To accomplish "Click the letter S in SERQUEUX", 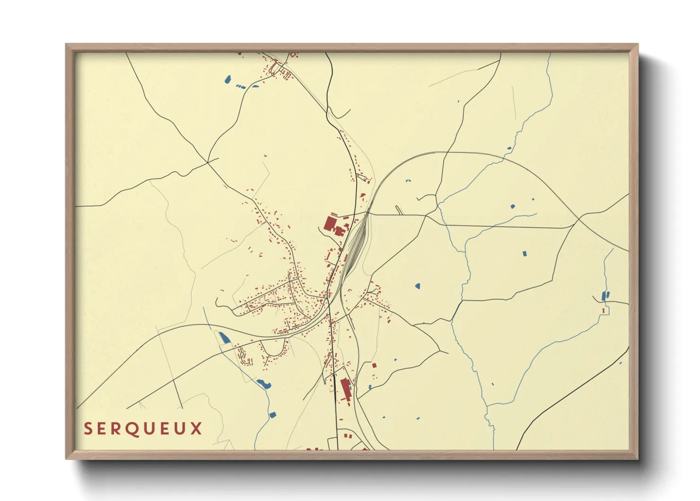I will (x=87, y=429).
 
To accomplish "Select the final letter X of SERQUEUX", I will (x=197, y=429).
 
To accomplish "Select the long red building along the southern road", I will (x=346, y=389).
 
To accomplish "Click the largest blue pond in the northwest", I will (x=227, y=79).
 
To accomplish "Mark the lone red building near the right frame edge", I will (x=604, y=311).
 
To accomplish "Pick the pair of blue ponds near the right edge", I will (x=605, y=295).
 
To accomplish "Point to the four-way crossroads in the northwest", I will (x=208, y=162).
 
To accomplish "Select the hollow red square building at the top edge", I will (x=293, y=55).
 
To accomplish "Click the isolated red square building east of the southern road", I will (x=374, y=365).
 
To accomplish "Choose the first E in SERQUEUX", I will (x=102, y=429).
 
